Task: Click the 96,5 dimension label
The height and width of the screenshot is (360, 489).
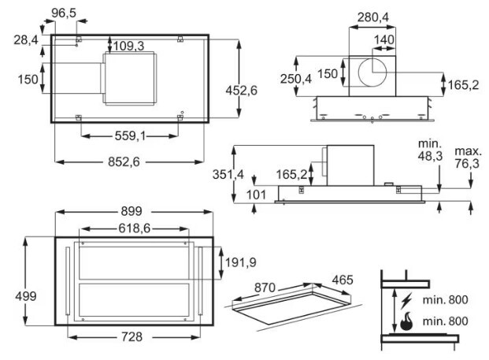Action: click(x=64, y=13)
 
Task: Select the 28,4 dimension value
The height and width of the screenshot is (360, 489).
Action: click(x=26, y=40)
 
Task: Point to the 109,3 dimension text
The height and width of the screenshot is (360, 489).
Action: click(x=128, y=46)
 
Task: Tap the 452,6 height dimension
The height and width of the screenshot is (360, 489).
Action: click(x=242, y=91)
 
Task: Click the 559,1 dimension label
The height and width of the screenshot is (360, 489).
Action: click(x=131, y=136)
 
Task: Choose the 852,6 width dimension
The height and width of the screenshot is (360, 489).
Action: click(x=124, y=162)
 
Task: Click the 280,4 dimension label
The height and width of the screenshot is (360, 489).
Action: click(x=373, y=17)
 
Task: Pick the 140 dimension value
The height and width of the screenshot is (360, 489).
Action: click(x=384, y=39)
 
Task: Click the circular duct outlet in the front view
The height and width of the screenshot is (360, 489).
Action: click(x=372, y=72)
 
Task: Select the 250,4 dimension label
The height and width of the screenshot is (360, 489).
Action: click(x=295, y=79)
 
